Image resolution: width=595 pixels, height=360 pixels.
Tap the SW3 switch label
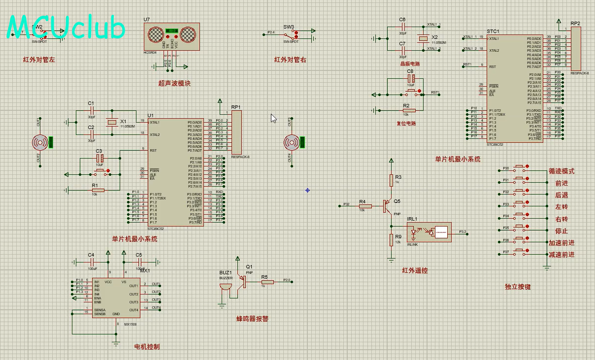pyautogui.click(x=289, y=27)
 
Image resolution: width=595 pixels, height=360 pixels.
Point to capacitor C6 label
pyautogui.click(x=402, y=20)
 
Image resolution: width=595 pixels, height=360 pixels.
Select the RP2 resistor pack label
pyautogui.click(x=575, y=23)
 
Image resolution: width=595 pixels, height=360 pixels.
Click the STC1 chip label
pyautogui.click(x=493, y=31)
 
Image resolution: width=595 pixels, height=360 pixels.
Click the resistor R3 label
pyautogui.click(x=398, y=176)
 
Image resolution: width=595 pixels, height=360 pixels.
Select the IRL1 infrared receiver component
pyautogui.click(x=429, y=231)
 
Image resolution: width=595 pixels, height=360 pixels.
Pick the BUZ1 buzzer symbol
pyautogui.click(x=226, y=286)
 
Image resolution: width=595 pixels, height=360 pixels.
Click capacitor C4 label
pyautogui.click(x=91, y=255)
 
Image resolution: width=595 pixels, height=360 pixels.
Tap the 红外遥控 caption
pyautogui.click(x=415, y=271)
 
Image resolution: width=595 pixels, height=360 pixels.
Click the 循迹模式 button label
pyautogui.click(x=562, y=171)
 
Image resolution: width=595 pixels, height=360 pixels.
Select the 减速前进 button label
pyautogui.click(x=562, y=255)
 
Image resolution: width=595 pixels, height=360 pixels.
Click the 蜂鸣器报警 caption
pyautogui.click(x=252, y=319)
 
